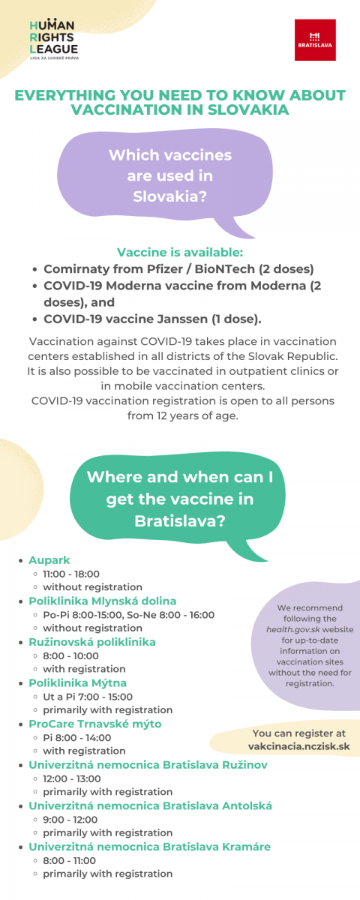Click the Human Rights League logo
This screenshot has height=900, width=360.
tap(54, 39)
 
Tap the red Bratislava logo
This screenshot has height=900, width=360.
tap(315, 40)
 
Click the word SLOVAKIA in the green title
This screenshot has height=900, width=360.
tap(248, 109)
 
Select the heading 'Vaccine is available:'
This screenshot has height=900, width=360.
tap(180, 252)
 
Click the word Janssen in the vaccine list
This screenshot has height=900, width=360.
tap(182, 319)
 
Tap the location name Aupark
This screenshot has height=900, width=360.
tap(49, 560)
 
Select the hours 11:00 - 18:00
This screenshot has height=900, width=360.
tap(71, 574)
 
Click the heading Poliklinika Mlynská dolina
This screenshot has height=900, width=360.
tap(103, 601)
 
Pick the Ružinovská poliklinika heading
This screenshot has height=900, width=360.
tap(92, 642)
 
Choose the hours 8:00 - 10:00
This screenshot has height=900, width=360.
tap(70, 655)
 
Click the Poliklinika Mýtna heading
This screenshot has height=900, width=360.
tap(77, 683)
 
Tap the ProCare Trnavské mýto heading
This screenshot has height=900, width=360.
tap(95, 724)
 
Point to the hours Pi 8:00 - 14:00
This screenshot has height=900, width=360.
tap(77, 738)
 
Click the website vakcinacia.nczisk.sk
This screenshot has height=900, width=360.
tap(299, 746)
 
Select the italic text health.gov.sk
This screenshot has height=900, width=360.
tap(293, 629)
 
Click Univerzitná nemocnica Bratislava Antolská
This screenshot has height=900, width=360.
tap(150, 806)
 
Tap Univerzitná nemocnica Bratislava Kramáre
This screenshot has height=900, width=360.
tap(149, 847)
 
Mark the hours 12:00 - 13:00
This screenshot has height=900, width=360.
tap(72, 778)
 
